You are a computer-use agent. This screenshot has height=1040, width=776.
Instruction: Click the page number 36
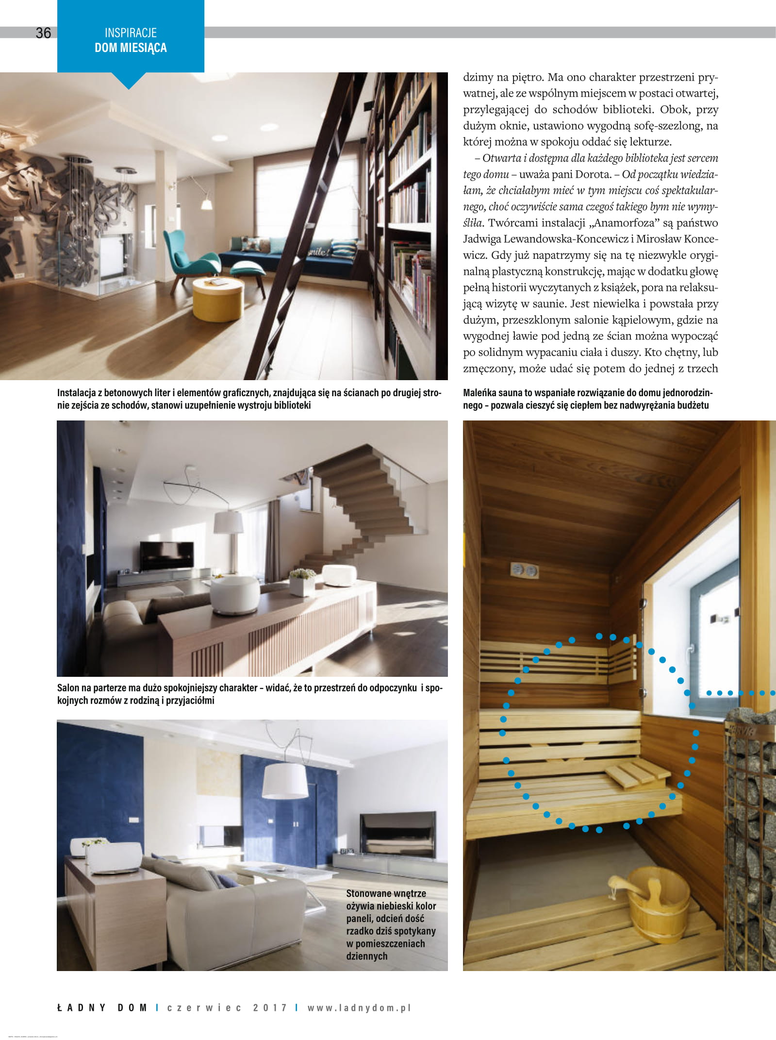click(43, 33)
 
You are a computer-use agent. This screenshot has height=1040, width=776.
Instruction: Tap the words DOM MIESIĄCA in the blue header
click(131, 48)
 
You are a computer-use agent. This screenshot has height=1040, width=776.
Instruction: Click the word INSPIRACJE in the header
click(131, 33)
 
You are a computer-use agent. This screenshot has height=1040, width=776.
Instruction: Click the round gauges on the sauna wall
click(524, 570)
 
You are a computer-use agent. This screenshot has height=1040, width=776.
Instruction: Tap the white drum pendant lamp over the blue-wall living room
click(285, 781)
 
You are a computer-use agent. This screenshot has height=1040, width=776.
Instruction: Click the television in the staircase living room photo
click(166, 555)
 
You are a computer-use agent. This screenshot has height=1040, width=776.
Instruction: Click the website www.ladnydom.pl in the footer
click(359, 1007)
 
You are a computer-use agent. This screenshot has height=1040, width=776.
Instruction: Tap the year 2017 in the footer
click(270, 1007)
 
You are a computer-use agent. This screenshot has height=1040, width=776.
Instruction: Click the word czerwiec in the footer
click(204, 1007)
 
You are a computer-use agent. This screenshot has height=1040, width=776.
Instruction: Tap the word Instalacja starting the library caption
click(77, 393)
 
